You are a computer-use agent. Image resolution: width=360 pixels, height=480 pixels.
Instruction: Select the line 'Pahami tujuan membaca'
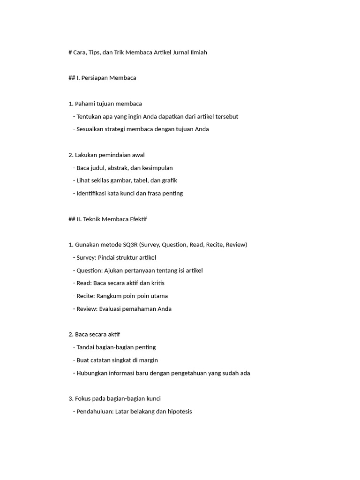108,104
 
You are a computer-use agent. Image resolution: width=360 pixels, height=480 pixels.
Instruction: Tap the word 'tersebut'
227,116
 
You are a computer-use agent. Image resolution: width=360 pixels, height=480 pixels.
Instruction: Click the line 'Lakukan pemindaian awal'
110,155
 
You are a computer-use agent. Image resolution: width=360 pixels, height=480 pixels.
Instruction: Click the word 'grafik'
168,180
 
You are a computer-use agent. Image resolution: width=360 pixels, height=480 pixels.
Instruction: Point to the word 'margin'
148,360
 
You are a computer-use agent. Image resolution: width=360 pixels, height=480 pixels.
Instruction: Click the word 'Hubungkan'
92,373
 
